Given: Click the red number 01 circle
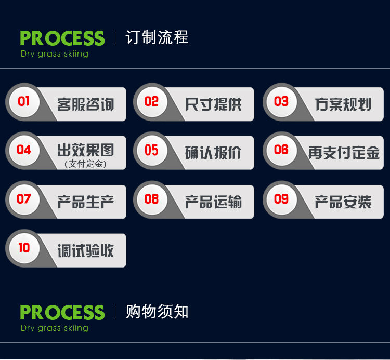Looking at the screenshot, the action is (x=24, y=102).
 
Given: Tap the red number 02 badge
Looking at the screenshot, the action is (x=152, y=102).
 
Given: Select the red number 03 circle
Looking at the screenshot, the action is (x=281, y=102).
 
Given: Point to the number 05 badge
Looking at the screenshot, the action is (x=152, y=150).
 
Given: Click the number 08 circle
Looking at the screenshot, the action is (x=152, y=199).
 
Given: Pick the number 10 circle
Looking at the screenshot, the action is (x=24, y=248).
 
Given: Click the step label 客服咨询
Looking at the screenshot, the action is (x=86, y=104).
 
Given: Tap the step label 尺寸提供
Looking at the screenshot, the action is (x=213, y=104).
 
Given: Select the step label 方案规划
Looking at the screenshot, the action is (x=343, y=104).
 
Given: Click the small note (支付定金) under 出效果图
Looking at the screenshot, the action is (x=86, y=164).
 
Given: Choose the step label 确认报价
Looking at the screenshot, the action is (x=213, y=153).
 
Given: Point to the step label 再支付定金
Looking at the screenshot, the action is (x=344, y=153).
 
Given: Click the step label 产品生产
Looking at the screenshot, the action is (x=86, y=202).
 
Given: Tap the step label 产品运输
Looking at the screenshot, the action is (x=213, y=202).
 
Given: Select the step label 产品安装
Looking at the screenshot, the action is (x=343, y=202).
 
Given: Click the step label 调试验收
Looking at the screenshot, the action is (x=86, y=251).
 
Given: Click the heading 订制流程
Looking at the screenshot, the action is (x=157, y=37).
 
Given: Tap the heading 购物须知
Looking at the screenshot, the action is (x=157, y=312).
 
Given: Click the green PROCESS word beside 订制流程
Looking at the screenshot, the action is (x=62, y=38).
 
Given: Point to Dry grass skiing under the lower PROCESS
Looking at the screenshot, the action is (x=55, y=328).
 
